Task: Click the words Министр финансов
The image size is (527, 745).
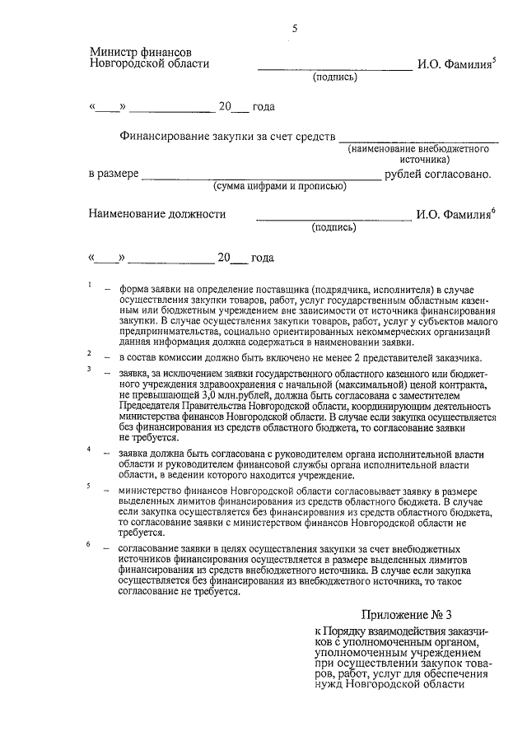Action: click(141, 52)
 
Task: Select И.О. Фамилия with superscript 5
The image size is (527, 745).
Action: click(455, 63)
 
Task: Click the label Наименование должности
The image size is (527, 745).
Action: click(157, 215)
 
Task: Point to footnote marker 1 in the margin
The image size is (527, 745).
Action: click(89, 285)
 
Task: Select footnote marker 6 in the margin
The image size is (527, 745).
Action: click(89, 544)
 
